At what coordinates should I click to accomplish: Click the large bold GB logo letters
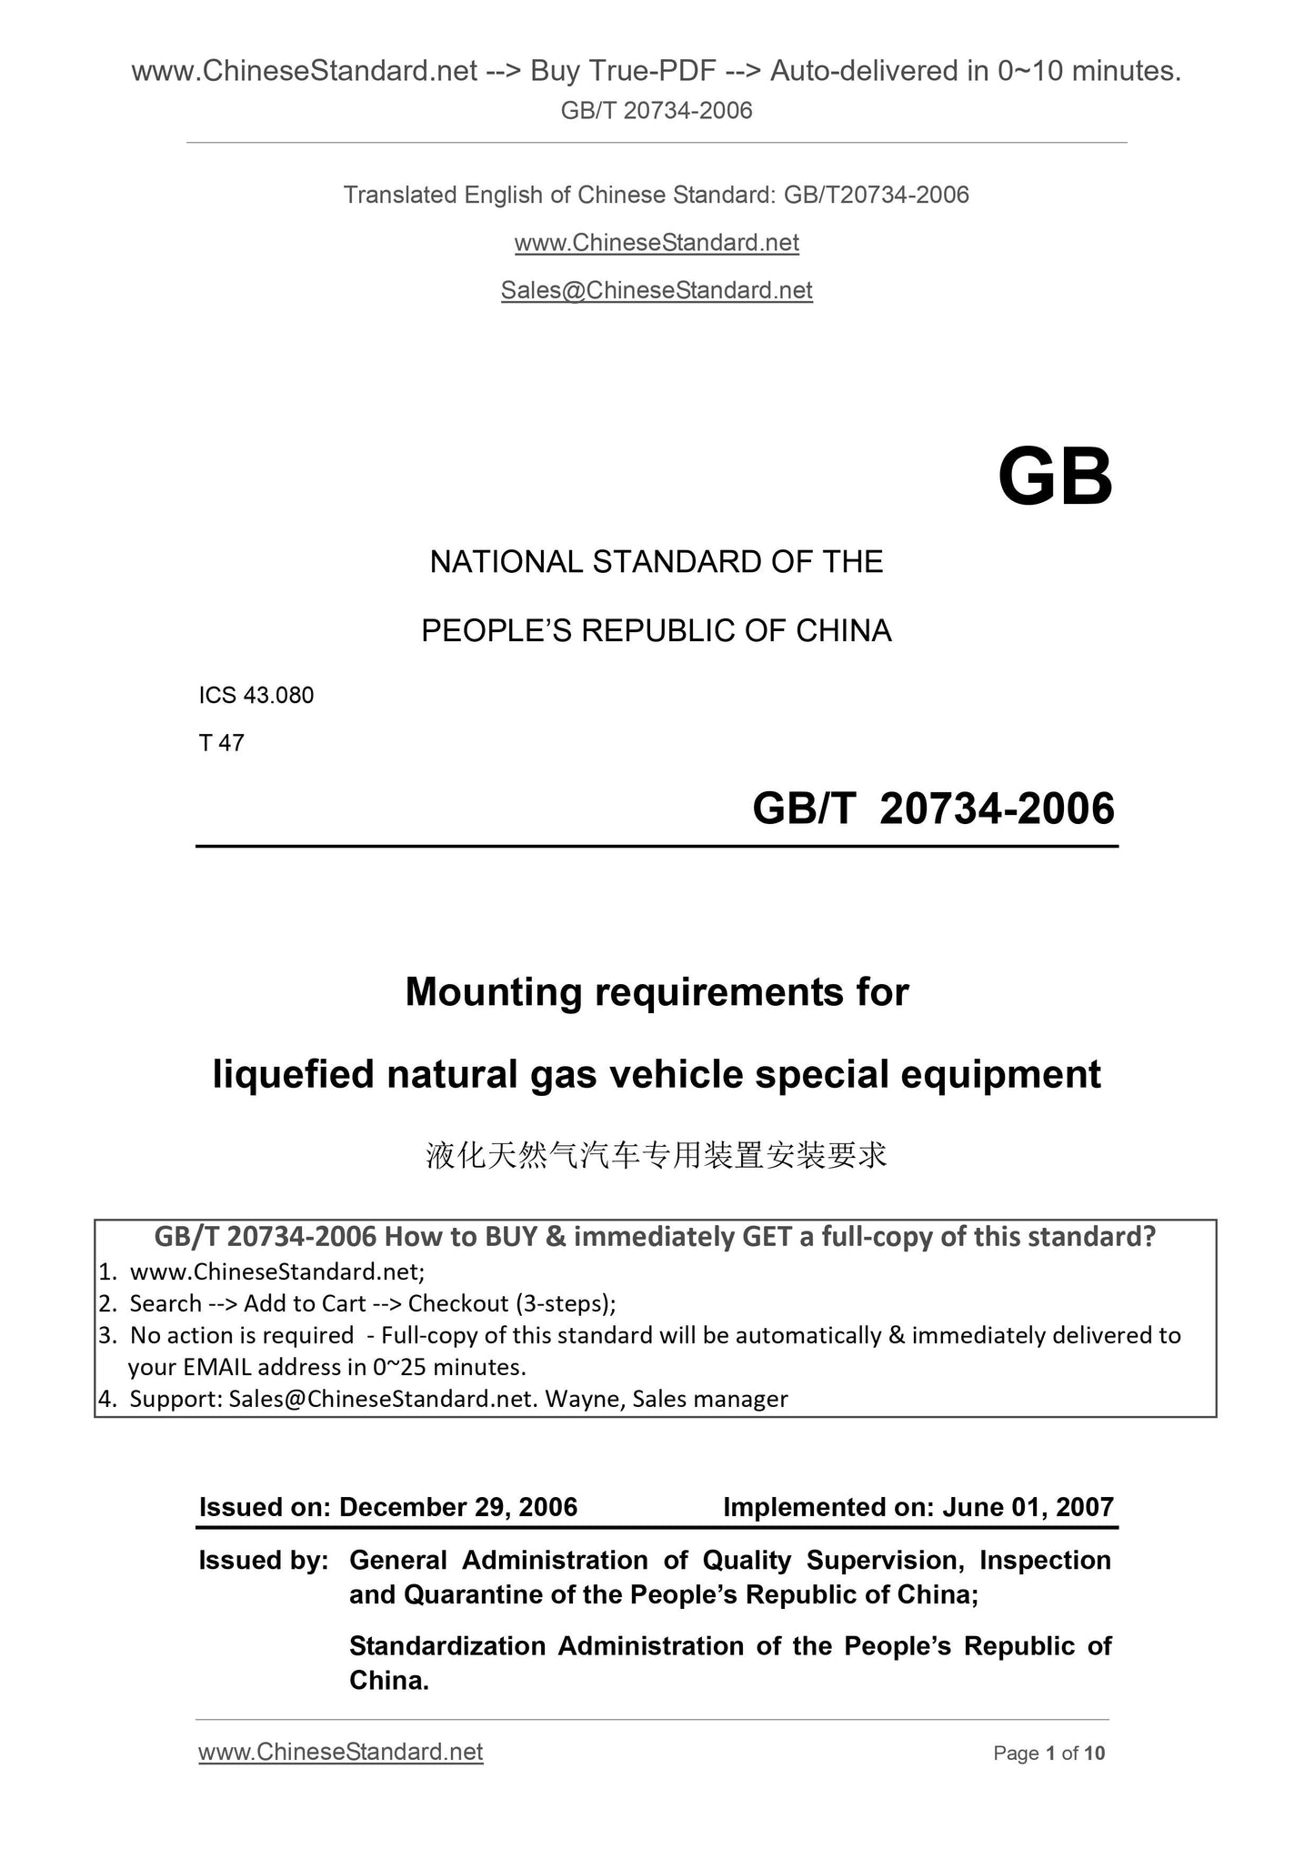pyautogui.click(x=1055, y=478)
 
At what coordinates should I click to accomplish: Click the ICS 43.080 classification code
pyautogui.click(x=256, y=696)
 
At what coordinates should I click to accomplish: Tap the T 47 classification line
pyautogui.click(x=221, y=743)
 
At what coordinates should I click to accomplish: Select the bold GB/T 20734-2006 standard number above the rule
pyautogui.click(x=933, y=809)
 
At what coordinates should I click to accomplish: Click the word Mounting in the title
pyautogui.click(x=493, y=991)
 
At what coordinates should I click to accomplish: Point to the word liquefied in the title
pyautogui.click(x=293, y=1074)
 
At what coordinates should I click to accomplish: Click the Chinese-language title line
pyautogui.click(x=657, y=1156)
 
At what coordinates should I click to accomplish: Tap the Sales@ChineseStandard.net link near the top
pyautogui.click(x=657, y=290)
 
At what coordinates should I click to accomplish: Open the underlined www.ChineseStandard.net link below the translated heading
pyautogui.click(x=657, y=243)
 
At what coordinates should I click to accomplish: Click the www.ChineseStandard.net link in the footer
pyautogui.click(x=340, y=1752)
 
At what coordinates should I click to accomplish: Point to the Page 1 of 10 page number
pyautogui.click(x=1049, y=1753)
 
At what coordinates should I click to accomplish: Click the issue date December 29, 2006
pyautogui.click(x=458, y=1507)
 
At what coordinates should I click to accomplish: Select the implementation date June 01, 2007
pyautogui.click(x=1028, y=1507)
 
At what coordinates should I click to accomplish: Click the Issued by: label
pyautogui.click(x=264, y=1561)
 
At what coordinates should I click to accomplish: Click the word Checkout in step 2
pyautogui.click(x=457, y=1303)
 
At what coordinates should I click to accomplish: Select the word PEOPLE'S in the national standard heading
pyautogui.click(x=497, y=631)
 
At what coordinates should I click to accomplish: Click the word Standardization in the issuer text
pyautogui.click(x=446, y=1646)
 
